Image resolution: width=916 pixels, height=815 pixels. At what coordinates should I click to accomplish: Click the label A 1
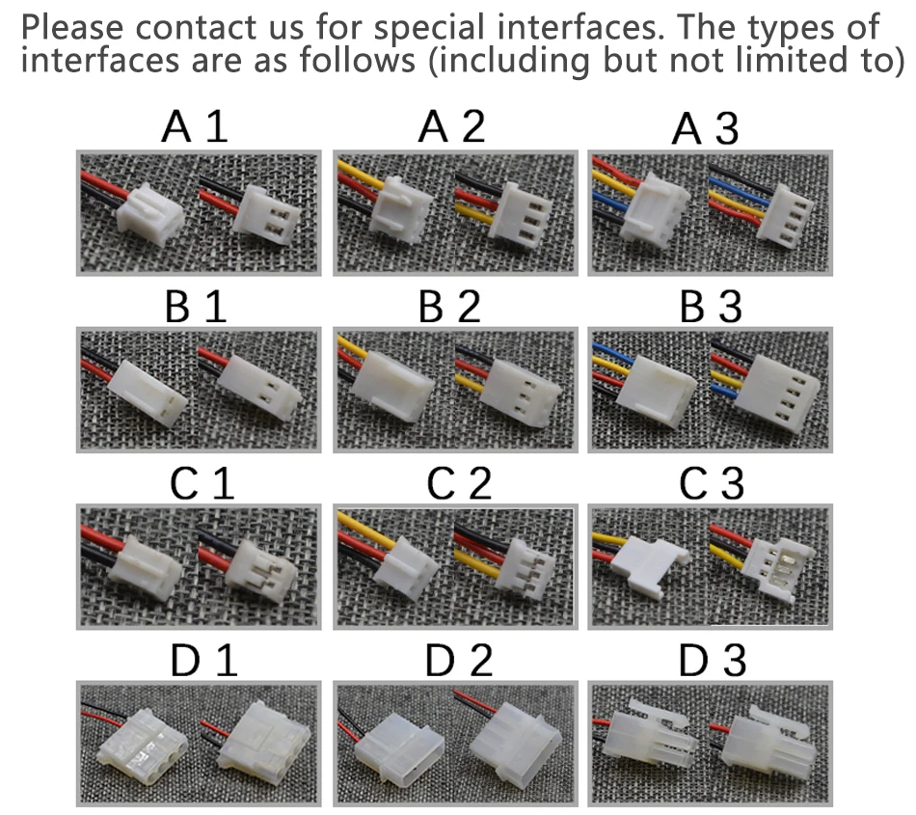[x=195, y=126]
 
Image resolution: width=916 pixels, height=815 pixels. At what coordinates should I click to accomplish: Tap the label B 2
[x=449, y=306]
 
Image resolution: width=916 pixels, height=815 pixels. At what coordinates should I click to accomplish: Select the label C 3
[x=711, y=484]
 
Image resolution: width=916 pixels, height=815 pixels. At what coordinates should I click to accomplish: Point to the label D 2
[x=459, y=661]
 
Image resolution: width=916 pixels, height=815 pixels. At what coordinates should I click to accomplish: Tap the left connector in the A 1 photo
[x=150, y=214]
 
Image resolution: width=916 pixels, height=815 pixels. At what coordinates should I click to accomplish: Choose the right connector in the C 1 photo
[x=261, y=572]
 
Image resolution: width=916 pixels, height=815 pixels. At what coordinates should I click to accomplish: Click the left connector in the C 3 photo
[x=655, y=565]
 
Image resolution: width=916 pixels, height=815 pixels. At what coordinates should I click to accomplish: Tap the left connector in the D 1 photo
[x=143, y=747]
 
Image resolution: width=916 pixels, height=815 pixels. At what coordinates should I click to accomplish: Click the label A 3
[x=705, y=128]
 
